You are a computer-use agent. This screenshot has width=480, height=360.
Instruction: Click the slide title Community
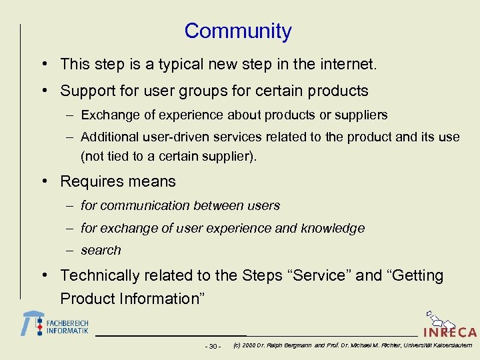[238, 31]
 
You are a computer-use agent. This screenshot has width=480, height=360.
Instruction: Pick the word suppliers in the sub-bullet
[361, 115]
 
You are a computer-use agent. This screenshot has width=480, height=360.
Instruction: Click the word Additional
[107, 137]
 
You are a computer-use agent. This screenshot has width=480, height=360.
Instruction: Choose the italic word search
[101, 251]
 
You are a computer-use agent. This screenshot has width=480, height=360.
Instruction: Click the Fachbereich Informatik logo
[55, 325]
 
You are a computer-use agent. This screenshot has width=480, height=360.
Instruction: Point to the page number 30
[213, 346]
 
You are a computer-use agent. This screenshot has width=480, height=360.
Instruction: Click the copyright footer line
[353, 345]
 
